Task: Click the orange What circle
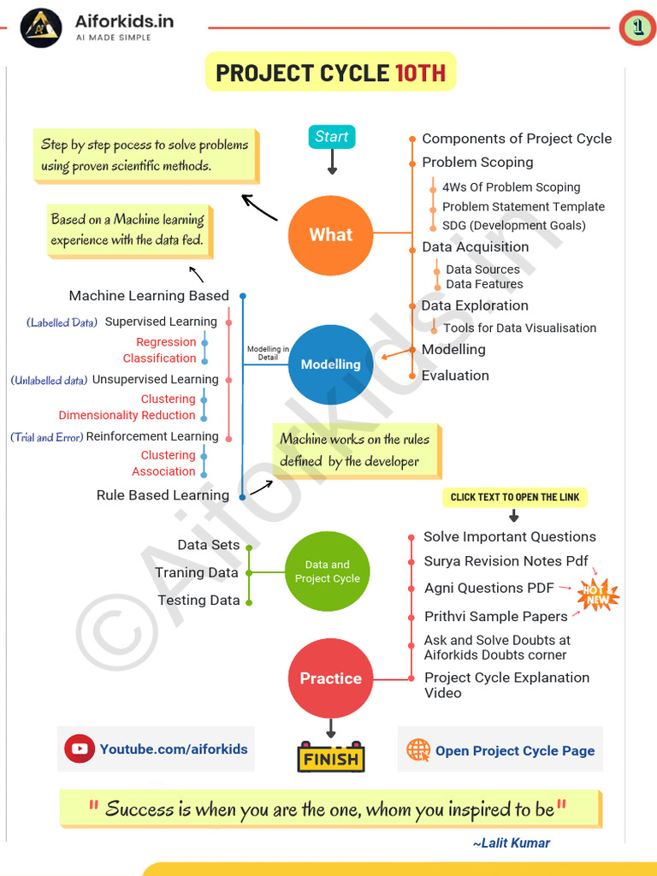(x=331, y=234)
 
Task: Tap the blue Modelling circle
(x=330, y=364)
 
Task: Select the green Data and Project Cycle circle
(x=327, y=571)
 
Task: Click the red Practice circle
(x=330, y=678)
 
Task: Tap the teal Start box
(x=331, y=137)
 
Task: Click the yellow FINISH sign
(x=331, y=758)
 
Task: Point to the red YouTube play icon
(x=80, y=749)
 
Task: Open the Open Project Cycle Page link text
(x=514, y=751)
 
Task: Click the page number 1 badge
(x=637, y=28)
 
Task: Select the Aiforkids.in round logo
(x=41, y=27)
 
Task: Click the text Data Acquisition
(x=475, y=247)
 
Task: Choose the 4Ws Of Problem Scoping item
(x=511, y=187)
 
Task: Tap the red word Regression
(x=166, y=342)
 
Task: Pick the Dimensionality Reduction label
(x=127, y=416)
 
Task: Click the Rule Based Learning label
(x=163, y=495)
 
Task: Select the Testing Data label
(x=198, y=601)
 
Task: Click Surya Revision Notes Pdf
(x=506, y=562)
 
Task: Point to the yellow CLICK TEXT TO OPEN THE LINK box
(x=514, y=497)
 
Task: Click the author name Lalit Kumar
(x=512, y=843)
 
